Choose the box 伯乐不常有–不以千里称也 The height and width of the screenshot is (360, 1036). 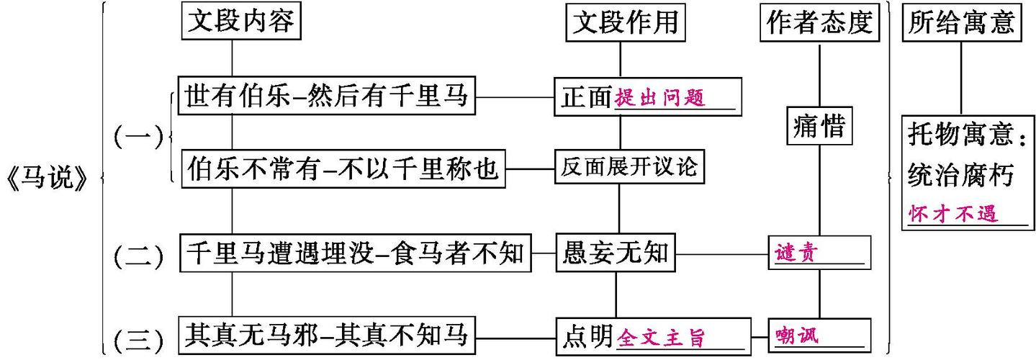(x=342, y=169)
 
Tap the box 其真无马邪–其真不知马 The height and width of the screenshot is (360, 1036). (x=327, y=335)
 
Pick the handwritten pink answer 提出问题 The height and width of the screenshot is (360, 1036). (x=660, y=99)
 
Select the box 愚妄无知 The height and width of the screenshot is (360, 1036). (x=615, y=253)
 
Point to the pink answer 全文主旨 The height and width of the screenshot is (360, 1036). (x=661, y=337)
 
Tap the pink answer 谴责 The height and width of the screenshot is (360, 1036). (x=796, y=253)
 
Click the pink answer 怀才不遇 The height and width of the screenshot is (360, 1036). (x=954, y=214)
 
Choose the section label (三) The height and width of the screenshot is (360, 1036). (x=138, y=338)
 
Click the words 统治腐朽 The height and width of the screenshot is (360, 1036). (x=961, y=174)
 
